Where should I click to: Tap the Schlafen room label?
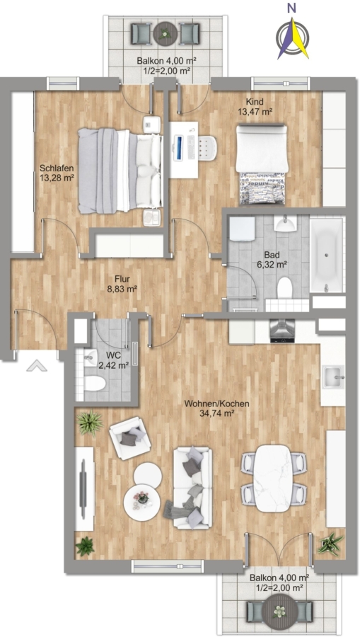click(x=51, y=168)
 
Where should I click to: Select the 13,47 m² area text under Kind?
click(x=255, y=111)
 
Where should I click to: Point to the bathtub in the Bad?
click(x=326, y=255)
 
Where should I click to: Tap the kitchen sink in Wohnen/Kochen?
click(x=333, y=377)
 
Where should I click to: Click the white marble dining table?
click(x=272, y=478)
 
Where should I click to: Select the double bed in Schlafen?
click(x=120, y=171)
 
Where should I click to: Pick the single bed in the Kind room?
click(x=262, y=164)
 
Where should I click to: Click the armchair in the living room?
click(x=130, y=438)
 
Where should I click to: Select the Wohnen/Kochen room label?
click(x=216, y=408)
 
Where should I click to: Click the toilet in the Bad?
click(x=285, y=287)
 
